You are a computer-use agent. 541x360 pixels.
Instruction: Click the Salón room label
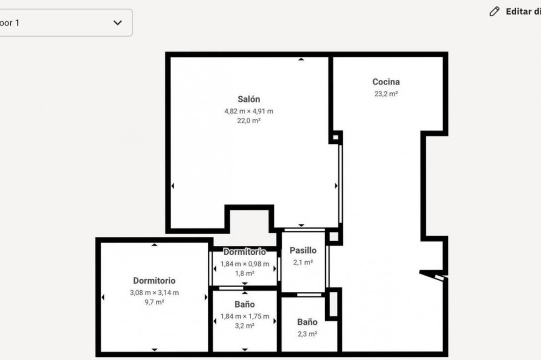click(249, 99)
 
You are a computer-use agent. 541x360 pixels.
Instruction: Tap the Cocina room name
click(386, 82)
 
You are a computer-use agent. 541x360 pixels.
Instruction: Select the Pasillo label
click(303, 250)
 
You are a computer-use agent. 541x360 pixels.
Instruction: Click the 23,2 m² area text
click(386, 94)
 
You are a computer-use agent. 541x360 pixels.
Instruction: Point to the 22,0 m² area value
click(249, 121)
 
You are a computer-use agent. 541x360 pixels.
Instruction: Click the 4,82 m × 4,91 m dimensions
click(249, 111)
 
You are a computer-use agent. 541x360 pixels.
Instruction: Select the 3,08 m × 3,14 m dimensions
click(154, 293)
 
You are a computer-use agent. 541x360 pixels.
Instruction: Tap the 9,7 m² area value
click(154, 302)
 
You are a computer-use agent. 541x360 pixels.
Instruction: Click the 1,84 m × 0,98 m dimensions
click(245, 264)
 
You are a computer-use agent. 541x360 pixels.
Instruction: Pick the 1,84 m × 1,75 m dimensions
click(245, 317)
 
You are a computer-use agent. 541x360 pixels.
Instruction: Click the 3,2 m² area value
click(245, 326)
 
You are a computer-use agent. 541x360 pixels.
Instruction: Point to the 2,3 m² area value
click(307, 334)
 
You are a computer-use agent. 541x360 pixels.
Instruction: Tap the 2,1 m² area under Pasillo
click(303, 262)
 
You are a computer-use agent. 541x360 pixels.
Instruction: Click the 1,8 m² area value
click(245, 274)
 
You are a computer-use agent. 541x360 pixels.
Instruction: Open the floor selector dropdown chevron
click(117, 23)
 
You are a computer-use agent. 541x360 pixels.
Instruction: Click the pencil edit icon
click(494, 11)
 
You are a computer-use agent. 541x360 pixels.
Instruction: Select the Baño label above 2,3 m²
click(307, 322)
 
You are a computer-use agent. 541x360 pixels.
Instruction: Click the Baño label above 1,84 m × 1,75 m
click(245, 304)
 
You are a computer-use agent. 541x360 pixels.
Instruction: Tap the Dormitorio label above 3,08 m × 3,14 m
click(154, 281)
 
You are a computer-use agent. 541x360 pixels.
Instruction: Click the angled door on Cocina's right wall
click(433, 276)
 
